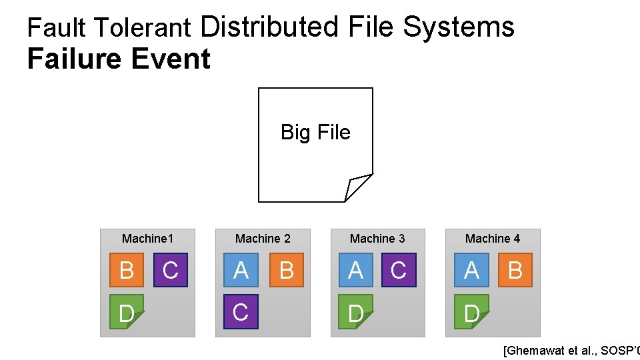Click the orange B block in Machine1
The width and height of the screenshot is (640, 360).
click(x=126, y=270)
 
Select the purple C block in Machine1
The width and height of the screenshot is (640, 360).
click(x=171, y=270)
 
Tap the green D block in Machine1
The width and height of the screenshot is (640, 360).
click(x=126, y=312)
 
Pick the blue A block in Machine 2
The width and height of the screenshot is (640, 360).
click(x=241, y=270)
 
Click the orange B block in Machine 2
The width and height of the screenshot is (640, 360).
click(x=287, y=270)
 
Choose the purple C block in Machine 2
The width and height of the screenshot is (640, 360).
click(x=241, y=312)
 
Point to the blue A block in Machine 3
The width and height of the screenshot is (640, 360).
click(x=355, y=270)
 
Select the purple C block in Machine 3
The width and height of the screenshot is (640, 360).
click(x=399, y=270)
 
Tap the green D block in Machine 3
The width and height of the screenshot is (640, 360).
click(x=355, y=312)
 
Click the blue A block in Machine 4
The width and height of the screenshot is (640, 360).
click(x=471, y=270)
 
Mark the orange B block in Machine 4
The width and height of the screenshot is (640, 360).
click(x=515, y=270)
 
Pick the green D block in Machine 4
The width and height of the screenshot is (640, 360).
click(x=471, y=312)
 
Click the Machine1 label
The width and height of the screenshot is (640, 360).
click(x=147, y=239)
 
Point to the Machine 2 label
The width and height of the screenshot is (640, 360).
click(x=263, y=239)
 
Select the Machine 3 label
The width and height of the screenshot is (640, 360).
click(x=377, y=239)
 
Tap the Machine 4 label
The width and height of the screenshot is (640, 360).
click(x=493, y=239)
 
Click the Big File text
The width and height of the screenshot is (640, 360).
click(x=315, y=132)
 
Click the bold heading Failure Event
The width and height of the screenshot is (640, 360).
click(x=119, y=59)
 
